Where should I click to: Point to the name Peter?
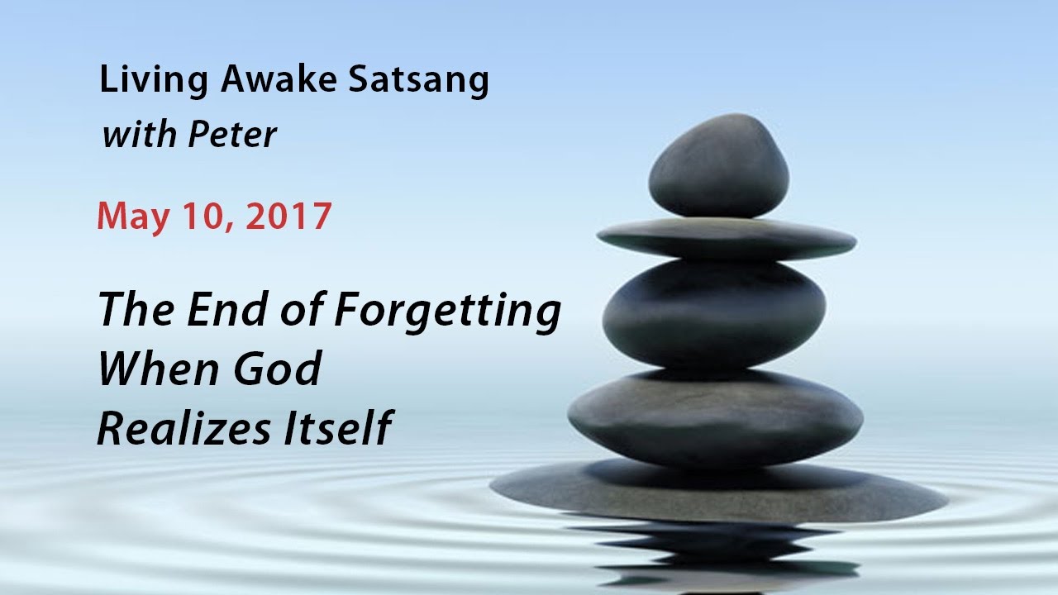click(232, 134)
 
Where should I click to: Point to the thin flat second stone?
click(726, 240)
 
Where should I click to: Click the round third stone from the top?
click(714, 313)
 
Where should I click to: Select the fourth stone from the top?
click(715, 417)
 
